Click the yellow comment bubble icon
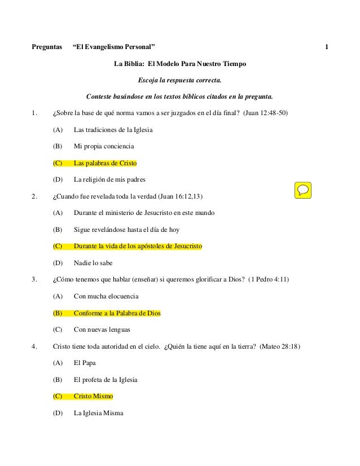pos(304,190)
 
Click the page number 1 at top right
pos(327,46)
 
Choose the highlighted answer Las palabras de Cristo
pos(105,164)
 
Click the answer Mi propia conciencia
pos(104,147)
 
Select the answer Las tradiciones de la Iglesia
pos(113,130)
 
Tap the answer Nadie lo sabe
pos(93,263)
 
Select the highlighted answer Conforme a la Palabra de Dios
pos(117,313)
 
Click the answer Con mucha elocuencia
pos(106,296)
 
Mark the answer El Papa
pos(85,363)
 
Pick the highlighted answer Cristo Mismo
pos(93,397)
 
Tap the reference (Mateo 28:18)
pos(280,346)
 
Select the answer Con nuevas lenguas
pos(102,329)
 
